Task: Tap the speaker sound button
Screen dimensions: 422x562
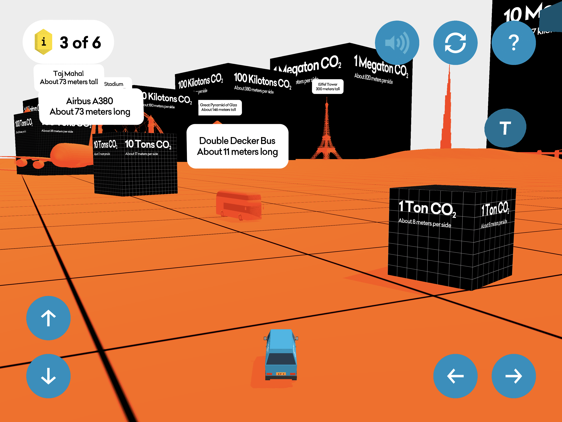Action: click(397, 43)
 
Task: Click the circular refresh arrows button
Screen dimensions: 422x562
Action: click(455, 43)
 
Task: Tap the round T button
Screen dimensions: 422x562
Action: click(505, 128)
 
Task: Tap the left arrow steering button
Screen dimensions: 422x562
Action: click(455, 376)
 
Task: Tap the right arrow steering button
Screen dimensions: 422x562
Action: click(514, 376)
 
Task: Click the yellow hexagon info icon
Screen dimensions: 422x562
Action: click(43, 42)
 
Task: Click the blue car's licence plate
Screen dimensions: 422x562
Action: click(281, 374)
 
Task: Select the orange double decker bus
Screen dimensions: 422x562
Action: click(239, 205)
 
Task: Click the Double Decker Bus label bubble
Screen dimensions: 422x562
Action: click(238, 146)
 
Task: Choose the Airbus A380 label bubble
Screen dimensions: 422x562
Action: click(90, 106)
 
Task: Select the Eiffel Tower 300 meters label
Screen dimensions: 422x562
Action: click(328, 86)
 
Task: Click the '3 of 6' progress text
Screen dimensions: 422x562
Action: click(80, 42)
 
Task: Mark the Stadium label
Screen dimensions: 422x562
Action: click(114, 84)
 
